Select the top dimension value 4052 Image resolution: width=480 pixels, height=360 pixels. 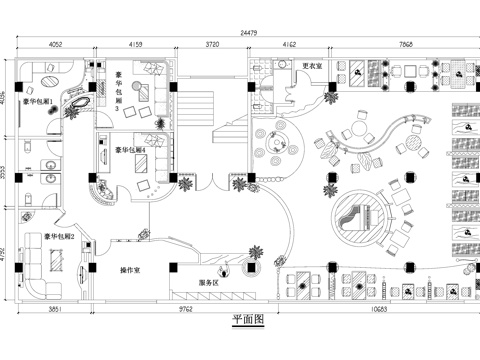click(x=55, y=44)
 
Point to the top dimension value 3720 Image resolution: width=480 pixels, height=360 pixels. click(x=212, y=44)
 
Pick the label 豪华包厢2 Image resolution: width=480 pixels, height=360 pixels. click(x=59, y=237)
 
